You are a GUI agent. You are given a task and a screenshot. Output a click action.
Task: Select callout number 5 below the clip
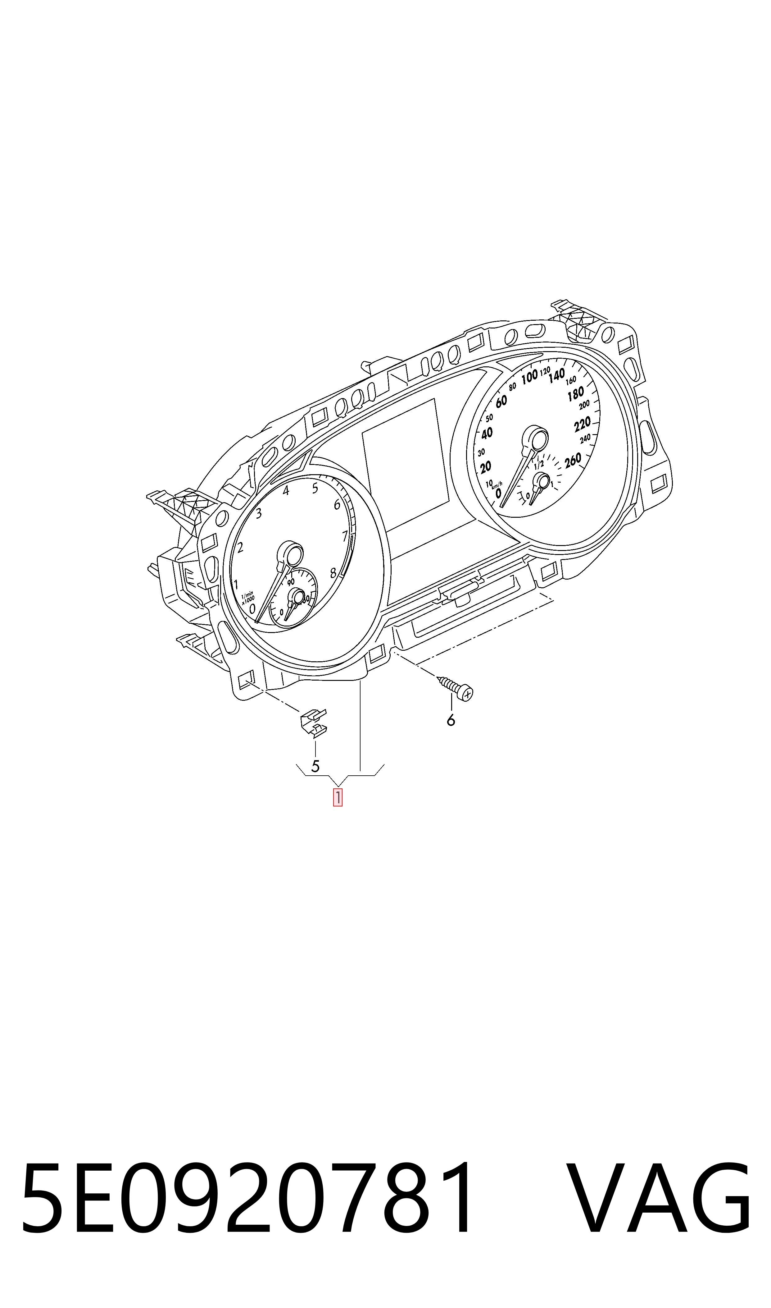[x=315, y=766]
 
